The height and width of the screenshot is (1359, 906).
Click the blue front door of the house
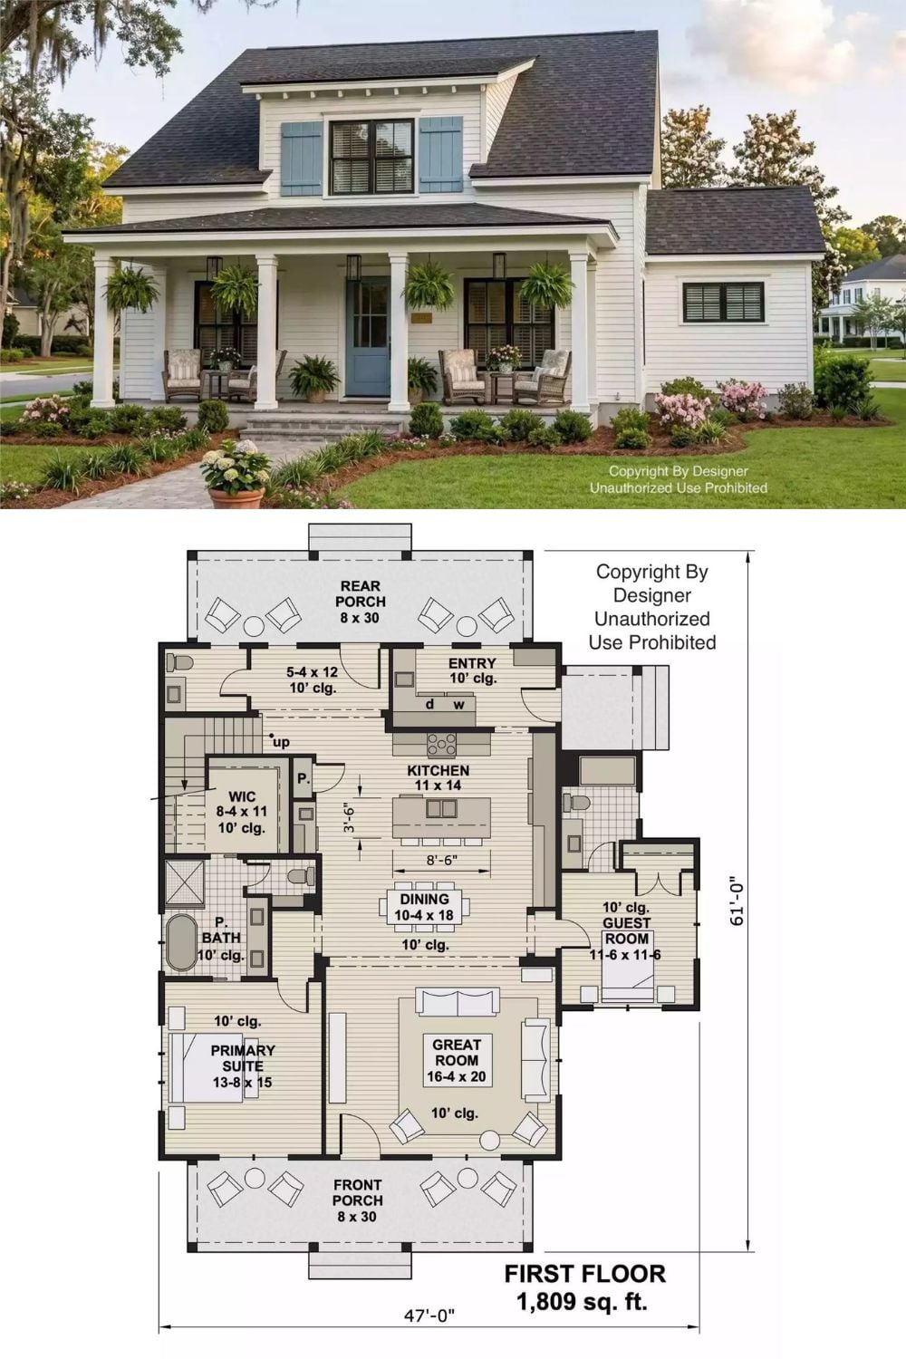pyautogui.click(x=369, y=337)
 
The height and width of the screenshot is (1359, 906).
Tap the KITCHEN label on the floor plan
pyautogui.click(x=439, y=770)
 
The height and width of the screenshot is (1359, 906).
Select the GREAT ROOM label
pyautogui.click(x=457, y=1053)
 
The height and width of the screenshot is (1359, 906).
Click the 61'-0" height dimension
pyautogui.click(x=737, y=900)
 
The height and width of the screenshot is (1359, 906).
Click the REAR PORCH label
pyautogui.click(x=360, y=594)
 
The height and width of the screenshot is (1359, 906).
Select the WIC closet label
pyautogui.click(x=242, y=796)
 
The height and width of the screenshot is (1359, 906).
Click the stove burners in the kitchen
pyautogui.click(x=441, y=744)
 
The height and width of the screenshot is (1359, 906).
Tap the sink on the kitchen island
pyautogui.click(x=441, y=809)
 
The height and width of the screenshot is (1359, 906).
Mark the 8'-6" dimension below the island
pyautogui.click(x=441, y=860)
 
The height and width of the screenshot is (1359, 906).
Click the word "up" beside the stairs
pyautogui.click(x=281, y=742)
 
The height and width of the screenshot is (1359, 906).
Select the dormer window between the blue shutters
pyautogui.click(x=372, y=157)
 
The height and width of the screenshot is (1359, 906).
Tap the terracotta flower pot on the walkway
pyautogui.click(x=236, y=497)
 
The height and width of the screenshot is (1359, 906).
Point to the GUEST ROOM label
pyautogui.click(x=626, y=930)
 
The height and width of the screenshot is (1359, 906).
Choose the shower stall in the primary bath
pyautogui.click(x=185, y=882)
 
